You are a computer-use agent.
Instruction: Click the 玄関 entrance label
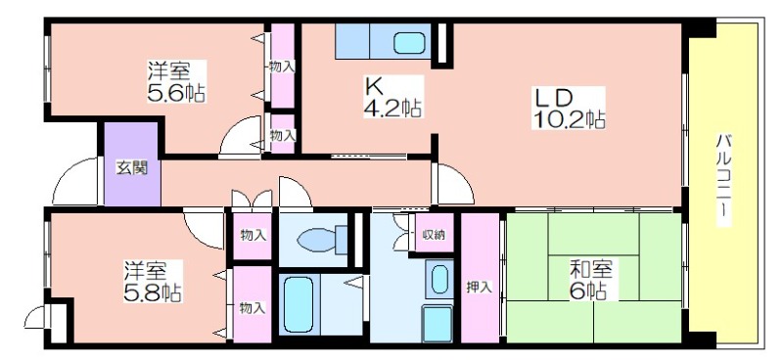coord(132,168)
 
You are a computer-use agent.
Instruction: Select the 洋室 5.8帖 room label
coord(153,281)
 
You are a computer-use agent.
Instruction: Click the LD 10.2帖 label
coord(569,109)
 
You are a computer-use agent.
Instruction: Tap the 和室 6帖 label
coord(591,280)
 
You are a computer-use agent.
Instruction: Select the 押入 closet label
coord(480,287)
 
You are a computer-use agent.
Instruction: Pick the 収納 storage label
coord(434,234)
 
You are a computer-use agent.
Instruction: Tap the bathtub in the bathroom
coord(299,304)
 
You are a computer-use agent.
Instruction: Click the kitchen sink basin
coord(409,43)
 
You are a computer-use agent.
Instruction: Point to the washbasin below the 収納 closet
coord(439,280)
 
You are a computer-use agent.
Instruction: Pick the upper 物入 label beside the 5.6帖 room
coord(282,66)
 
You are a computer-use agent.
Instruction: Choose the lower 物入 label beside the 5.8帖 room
coord(252,308)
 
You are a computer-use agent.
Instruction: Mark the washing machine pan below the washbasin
coord(438,324)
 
